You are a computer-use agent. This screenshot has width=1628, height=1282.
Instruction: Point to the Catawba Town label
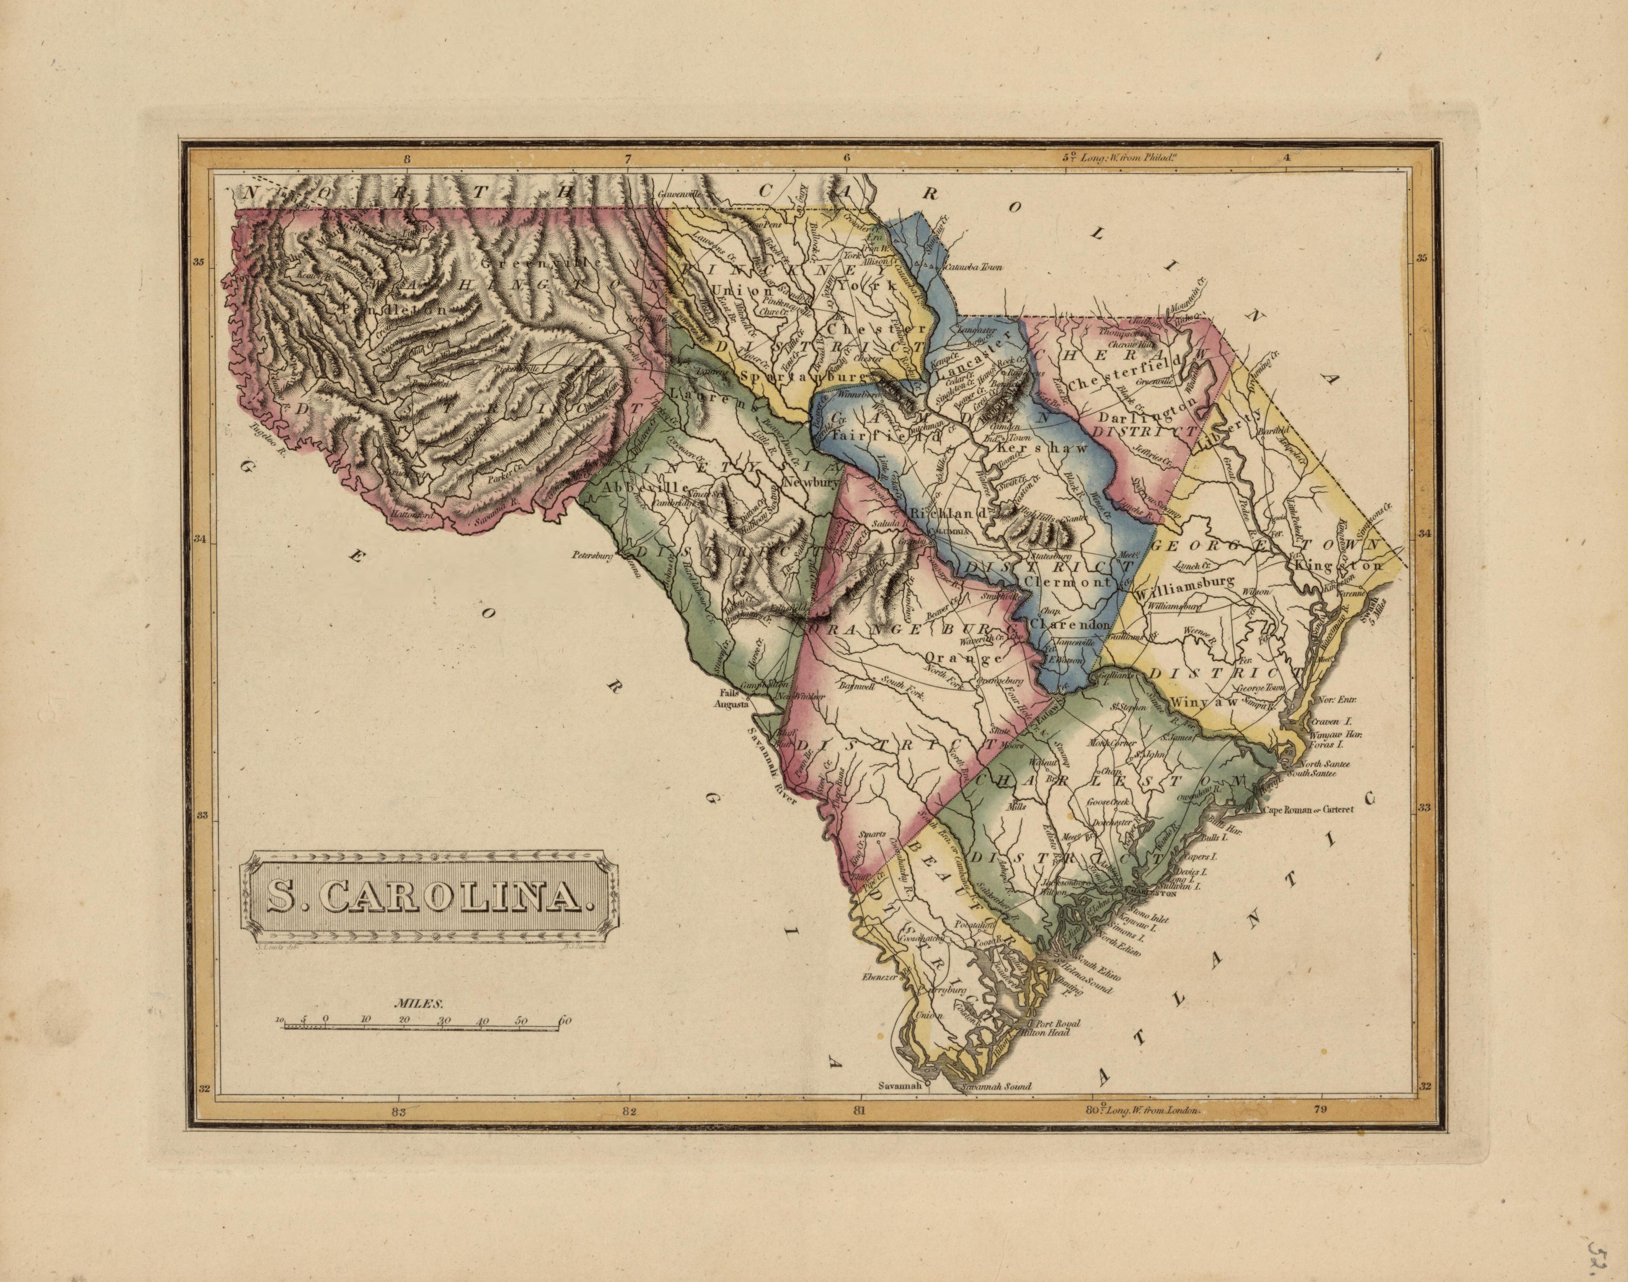[972, 266]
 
